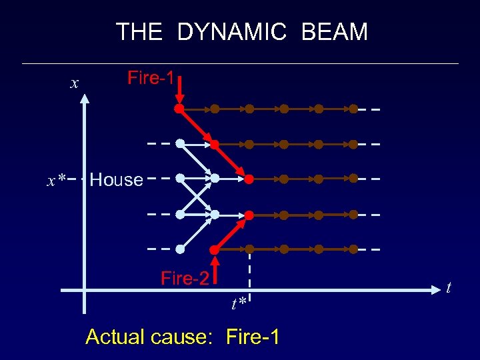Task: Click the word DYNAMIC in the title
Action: click(233, 32)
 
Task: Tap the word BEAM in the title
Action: click(335, 32)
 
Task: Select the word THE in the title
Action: click(139, 32)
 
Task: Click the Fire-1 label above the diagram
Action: click(151, 78)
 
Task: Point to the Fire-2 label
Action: click(185, 278)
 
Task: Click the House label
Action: click(116, 179)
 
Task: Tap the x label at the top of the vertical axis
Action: click(75, 83)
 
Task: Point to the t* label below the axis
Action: click(239, 304)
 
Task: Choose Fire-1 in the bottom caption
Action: click(253, 337)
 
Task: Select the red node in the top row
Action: click(179, 108)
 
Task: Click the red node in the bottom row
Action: click(215, 249)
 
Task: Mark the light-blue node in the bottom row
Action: click(180, 249)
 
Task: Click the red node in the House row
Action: click(249, 179)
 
